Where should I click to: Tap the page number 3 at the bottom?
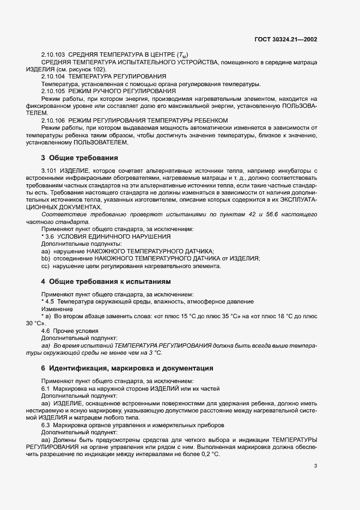pos(316,466)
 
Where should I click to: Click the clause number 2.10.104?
pos(53,77)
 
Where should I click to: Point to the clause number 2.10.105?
pos(53,91)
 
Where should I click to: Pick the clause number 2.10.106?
pos(53,119)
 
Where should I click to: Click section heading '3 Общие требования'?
pos(80,158)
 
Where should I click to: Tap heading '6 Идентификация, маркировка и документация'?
pos(127,368)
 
